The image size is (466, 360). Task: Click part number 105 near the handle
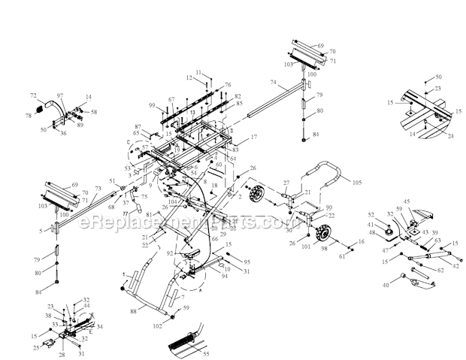[x=378, y=183]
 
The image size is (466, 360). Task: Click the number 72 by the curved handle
[x=33, y=96]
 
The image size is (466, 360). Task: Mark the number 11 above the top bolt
[x=200, y=73]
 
